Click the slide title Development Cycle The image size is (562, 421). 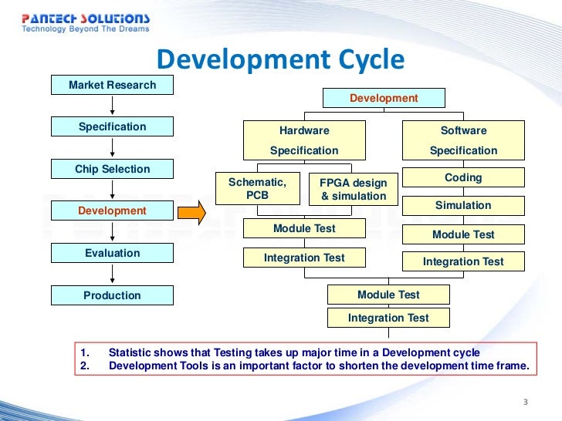coord(280,59)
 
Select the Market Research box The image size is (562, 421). coord(112,85)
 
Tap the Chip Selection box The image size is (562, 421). coord(112,169)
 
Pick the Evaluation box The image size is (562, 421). coord(112,253)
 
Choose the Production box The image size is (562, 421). coord(112,295)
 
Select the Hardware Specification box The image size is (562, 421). coord(303,140)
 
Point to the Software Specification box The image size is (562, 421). coord(463,140)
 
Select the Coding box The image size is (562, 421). coord(463,177)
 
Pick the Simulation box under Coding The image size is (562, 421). coord(463,206)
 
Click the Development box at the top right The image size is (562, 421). coord(384,98)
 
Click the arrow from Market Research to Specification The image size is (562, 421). coord(113,106)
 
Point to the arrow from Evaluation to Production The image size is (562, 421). coord(113,274)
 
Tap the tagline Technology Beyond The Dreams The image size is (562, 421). coord(85,30)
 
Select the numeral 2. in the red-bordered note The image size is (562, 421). coord(85,365)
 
